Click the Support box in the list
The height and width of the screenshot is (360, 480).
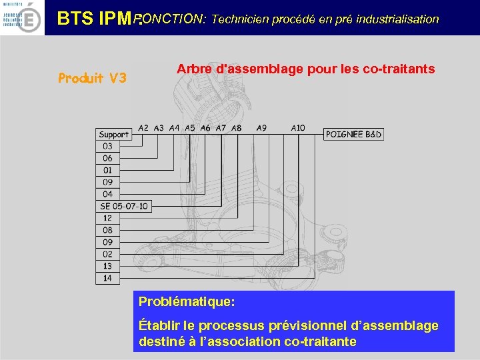click(114, 135)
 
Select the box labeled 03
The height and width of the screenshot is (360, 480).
click(108, 147)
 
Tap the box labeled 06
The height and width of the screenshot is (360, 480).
click(108, 159)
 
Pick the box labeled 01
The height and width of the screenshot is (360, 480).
click(108, 171)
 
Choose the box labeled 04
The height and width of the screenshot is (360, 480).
click(108, 195)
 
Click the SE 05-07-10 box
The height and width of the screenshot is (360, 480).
click(124, 207)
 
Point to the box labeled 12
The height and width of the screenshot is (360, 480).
click(108, 219)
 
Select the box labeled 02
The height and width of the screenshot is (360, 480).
click(108, 255)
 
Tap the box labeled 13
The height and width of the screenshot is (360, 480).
click(108, 267)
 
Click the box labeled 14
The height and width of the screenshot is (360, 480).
click(108, 279)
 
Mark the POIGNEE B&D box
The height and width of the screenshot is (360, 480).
click(353, 135)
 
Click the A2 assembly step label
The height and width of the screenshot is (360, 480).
click(143, 127)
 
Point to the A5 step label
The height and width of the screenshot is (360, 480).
click(190, 127)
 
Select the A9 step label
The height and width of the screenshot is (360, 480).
click(261, 127)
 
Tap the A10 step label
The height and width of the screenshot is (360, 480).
click(298, 127)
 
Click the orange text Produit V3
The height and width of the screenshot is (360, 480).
click(92, 78)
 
